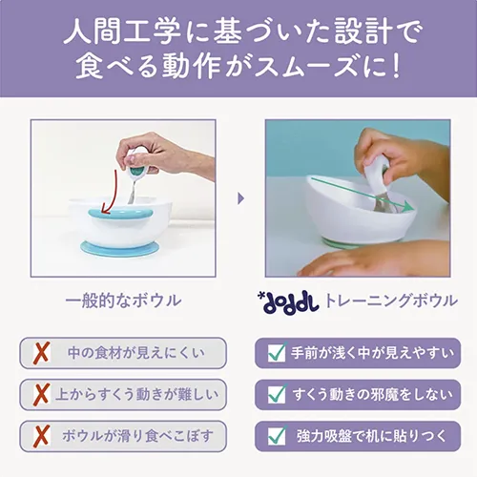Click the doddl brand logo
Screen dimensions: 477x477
pyautogui.click(x=288, y=301)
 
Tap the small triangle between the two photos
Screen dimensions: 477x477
pyautogui.click(x=241, y=198)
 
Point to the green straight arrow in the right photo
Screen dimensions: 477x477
pyautogui.click(x=363, y=195)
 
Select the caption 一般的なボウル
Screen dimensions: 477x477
pyautogui.click(x=123, y=301)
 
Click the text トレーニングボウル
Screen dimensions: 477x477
pyautogui.click(x=390, y=301)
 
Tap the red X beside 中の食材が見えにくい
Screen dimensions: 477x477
pyautogui.click(x=42, y=353)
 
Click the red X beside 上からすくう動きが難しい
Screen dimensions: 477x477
pyautogui.click(x=42, y=394)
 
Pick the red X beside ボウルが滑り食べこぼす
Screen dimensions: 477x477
pyautogui.click(x=42, y=436)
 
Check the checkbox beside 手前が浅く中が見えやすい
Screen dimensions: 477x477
pyautogui.click(x=277, y=352)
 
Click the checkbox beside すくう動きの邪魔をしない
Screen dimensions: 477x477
pyautogui.click(x=277, y=394)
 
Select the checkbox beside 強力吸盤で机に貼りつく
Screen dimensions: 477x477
pyautogui.click(x=277, y=436)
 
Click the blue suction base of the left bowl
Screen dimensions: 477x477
pyautogui.click(x=119, y=248)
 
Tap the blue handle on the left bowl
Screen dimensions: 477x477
pyautogui.click(x=120, y=215)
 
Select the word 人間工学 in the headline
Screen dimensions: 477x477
pyautogui.click(x=122, y=32)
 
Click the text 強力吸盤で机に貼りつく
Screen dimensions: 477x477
pyautogui.click(x=372, y=436)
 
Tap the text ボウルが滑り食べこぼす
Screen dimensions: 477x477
pyautogui.click(x=137, y=436)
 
